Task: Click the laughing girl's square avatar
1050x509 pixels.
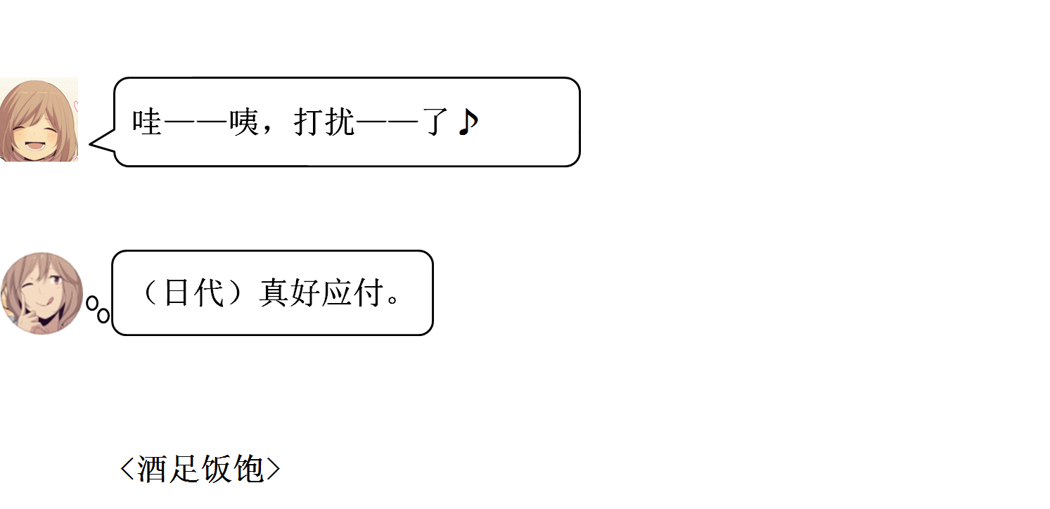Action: click(x=39, y=120)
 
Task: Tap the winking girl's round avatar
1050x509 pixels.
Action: click(x=41, y=293)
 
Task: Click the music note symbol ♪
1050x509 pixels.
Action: click(x=468, y=122)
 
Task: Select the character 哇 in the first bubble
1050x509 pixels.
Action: click(x=147, y=122)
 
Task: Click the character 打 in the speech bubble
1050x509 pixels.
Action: click(x=307, y=122)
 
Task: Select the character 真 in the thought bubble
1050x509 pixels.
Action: click(x=274, y=292)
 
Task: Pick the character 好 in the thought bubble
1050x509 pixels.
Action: click(x=306, y=292)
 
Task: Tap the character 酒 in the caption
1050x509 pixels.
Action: click(x=153, y=469)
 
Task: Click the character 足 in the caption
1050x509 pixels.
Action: click(x=185, y=469)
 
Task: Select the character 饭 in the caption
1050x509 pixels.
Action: click(x=217, y=469)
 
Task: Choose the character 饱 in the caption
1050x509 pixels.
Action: click(x=249, y=469)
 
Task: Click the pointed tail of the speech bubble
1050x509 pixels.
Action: click(x=95, y=145)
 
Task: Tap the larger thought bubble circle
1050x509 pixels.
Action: click(x=103, y=315)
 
